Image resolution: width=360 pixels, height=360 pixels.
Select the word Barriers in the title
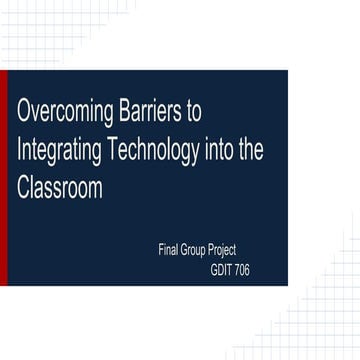coord(148,109)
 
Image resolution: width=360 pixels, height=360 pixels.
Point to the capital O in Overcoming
coord(26,109)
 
